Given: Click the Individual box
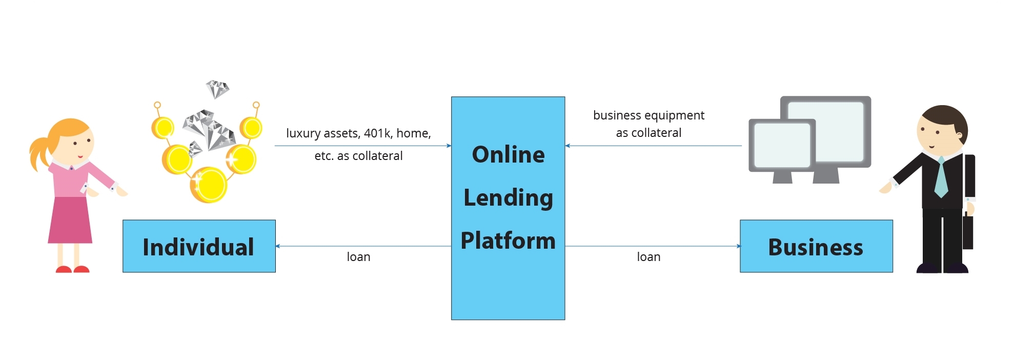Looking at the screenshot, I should click(199, 246).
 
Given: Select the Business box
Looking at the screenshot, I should click(816, 246).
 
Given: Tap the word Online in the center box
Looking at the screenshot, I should click(508, 154).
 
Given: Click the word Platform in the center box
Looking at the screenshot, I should click(508, 241).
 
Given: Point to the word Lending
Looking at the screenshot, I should click(508, 197).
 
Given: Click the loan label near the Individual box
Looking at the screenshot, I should click(358, 257).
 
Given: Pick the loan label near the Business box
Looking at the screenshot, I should click(648, 257).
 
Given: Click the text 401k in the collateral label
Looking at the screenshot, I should click(377, 133).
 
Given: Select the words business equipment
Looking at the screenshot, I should click(648, 115).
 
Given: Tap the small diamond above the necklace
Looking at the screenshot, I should click(217, 89).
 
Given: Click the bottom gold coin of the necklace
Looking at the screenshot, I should click(208, 185).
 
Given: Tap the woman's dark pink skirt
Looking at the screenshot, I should click(70, 221).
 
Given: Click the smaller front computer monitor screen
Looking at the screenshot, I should click(782, 145).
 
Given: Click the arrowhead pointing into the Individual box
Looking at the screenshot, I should click(278, 246).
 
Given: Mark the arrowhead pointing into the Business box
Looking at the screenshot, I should click(738, 246).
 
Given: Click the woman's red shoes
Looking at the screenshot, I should click(72, 269).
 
